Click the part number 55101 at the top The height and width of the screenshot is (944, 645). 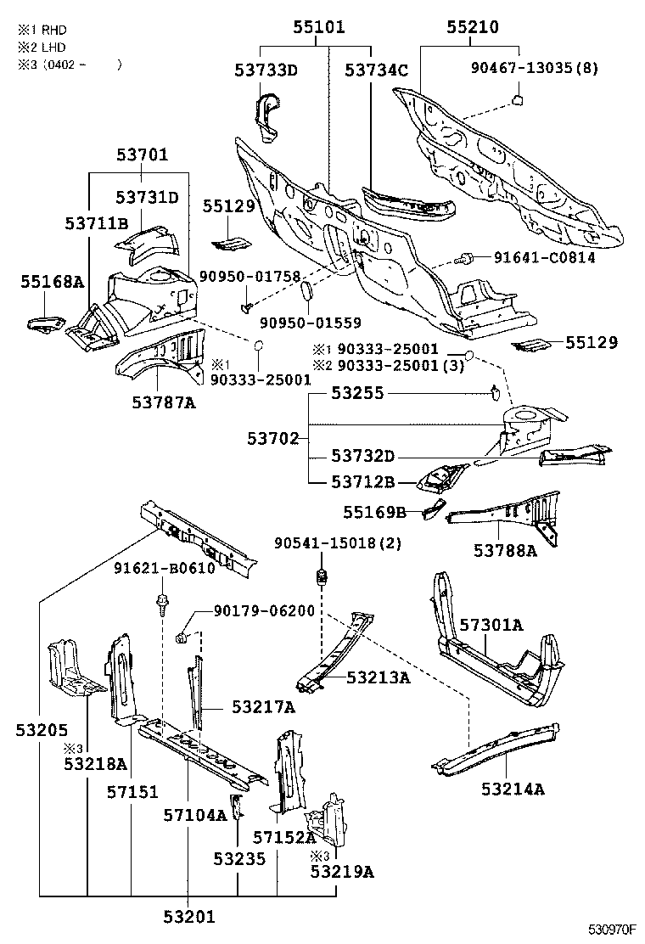[319, 27]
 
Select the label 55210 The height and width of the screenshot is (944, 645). [473, 27]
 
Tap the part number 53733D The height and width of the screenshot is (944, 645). [266, 70]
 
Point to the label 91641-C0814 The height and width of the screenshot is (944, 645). [545, 258]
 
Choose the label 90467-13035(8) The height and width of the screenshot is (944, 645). [535, 67]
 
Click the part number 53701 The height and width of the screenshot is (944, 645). [142, 155]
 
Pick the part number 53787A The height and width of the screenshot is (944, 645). [164, 402]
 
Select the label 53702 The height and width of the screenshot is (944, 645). [273, 438]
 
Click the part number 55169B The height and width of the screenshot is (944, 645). [375, 512]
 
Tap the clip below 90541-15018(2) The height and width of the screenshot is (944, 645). [322, 576]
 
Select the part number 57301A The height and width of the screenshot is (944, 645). [491, 624]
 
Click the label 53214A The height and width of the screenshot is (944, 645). [513, 789]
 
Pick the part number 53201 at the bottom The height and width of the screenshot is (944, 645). [189, 917]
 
